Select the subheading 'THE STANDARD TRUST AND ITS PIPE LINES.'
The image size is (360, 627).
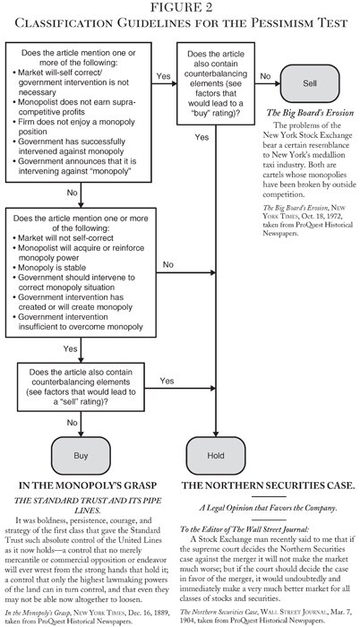click(90, 508)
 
